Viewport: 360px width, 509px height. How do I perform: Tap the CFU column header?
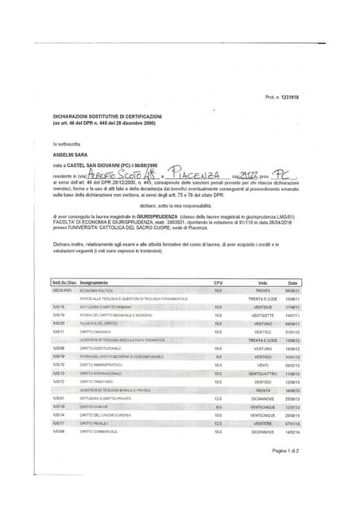219,283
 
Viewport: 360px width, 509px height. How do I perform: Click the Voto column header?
263,283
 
